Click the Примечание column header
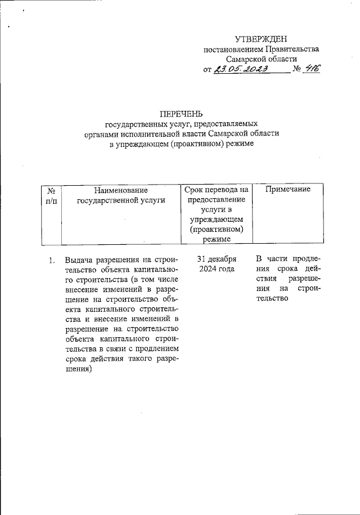pos(287,190)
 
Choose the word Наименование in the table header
pos(121,190)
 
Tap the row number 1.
pos(51,260)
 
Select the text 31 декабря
pos(217,259)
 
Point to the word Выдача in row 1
pos(79,260)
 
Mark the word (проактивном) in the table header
pos(216,230)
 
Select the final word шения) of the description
pos(78,370)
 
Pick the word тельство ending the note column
pos(272,299)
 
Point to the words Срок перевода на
pos(216,190)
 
